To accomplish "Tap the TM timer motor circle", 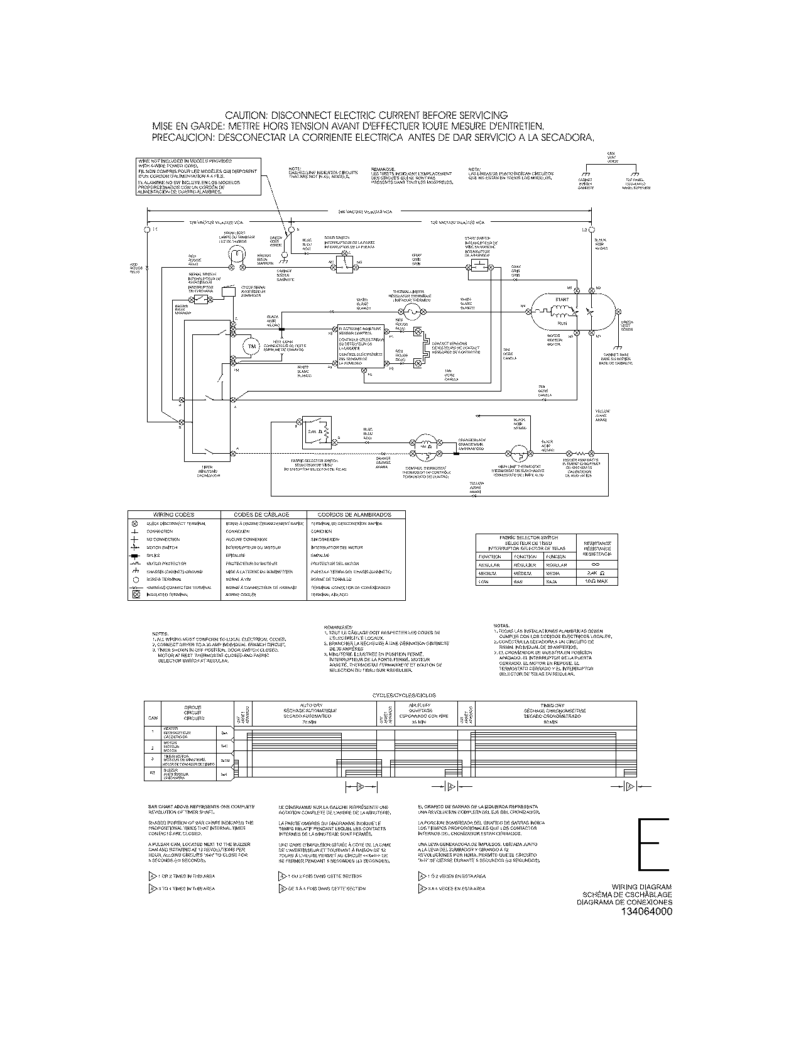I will tap(251, 347).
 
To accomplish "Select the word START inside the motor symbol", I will tap(561, 300).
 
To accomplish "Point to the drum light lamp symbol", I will tap(236, 254).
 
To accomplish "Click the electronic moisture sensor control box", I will tap(361, 346).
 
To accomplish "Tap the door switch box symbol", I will tap(344, 265).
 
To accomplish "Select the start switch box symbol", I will tap(479, 267).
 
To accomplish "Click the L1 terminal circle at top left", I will tap(148, 231).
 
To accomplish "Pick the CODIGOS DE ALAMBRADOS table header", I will tap(355, 515).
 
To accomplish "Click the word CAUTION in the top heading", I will tap(247, 115).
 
